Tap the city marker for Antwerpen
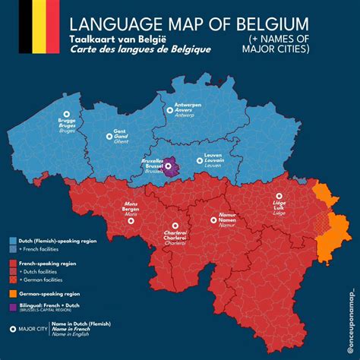tap(170, 110)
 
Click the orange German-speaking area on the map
tap(331, 228)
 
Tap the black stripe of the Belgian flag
tap(25, 27)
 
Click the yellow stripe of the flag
tap(38, 27)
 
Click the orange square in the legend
tap(13, 292)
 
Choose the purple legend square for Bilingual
tap(13, 306)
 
